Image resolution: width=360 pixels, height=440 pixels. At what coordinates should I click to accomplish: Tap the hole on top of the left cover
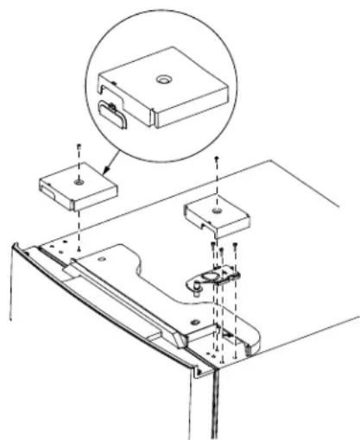click(x=79, y=183)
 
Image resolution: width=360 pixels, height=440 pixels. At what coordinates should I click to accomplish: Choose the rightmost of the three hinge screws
click(x=235, y=250)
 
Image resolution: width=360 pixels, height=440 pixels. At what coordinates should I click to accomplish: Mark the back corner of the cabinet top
click(x=275, y=160)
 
